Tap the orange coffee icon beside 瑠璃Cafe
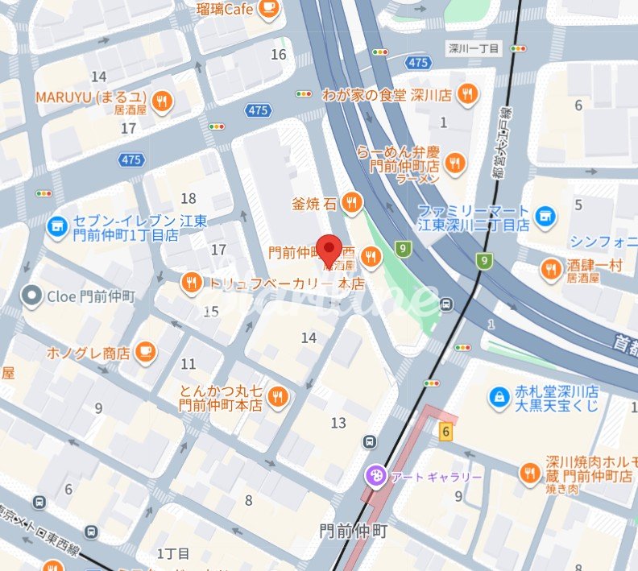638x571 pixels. click(x=268, y=9)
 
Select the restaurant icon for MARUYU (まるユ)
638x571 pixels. click(x=162, y=101)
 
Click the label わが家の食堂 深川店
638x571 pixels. click(x=387, y=95)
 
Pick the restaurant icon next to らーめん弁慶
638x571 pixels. click(x=455, y=162)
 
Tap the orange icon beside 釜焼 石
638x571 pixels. click(x=350, y=204)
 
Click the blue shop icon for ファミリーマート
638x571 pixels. click(x=545, y=216)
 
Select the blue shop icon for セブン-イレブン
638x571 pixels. click(x=56, y=227)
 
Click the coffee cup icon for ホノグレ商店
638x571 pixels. click(x=144, y=351)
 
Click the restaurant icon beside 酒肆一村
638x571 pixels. click(x=551, y=269)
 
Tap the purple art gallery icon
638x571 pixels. click(x=375, y=476)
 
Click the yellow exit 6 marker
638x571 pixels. click(x=445, y=432)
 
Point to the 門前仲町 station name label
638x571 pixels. click(x=353, y=532)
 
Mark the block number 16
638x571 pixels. click(x=279, y=55)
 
